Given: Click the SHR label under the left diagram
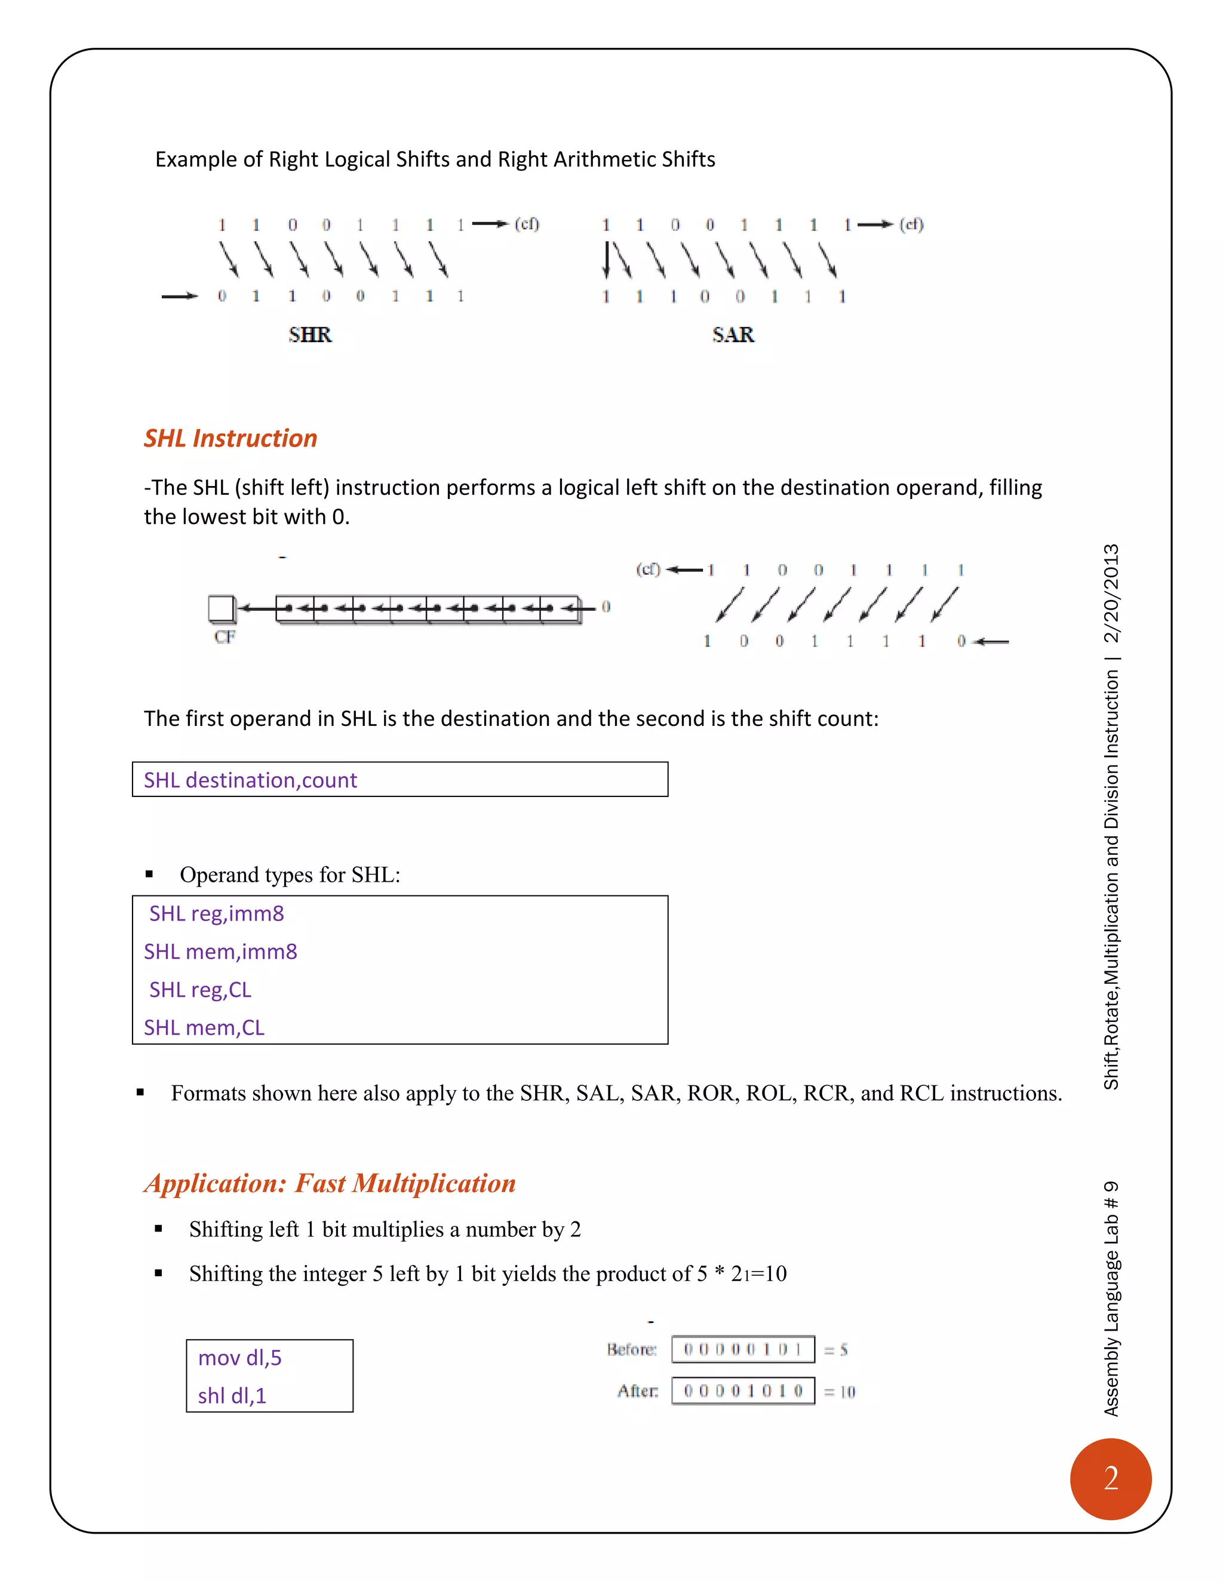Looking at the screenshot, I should pyautogui.click(x=310, y=335).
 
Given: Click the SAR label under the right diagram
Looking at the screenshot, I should pyautogui.click(x=733, y=335).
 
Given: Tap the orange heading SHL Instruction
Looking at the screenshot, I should pyautogui.click(x=231, y=438).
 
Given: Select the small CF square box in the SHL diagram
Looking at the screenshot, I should pyautogui.click(x=221, y=608).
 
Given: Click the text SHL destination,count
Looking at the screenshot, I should pyautogui.click(x=250, y=780).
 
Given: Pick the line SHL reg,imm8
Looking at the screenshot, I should pyautogui.click(x=216, y=913).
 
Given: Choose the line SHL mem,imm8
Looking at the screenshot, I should pyautogui.click(x=220, y=951).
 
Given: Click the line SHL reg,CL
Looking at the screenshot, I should pyautogui.click(x=200, y=989).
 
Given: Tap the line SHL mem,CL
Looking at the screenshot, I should pyautogui.click(x=204, y=1027).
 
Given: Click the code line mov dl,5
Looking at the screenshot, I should pyautogui.click(x=240, y=1358).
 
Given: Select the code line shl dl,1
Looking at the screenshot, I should pyautogui.click(x=232, y=1395).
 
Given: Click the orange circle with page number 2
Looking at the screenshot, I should pyautogui.click(x=1110, y=1478).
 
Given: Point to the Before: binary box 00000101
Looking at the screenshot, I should pyautogui.click(x=743, y=1349).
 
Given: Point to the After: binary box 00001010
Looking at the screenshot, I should pyautogui.click(x=743, y=1391).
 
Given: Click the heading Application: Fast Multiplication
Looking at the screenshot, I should pyautogui.click(x=330, y=1183).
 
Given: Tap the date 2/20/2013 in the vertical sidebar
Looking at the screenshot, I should pyautogui.click(x=1111, y=593).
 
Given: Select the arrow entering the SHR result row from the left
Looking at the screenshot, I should pyautogui.click(x=179, y=296).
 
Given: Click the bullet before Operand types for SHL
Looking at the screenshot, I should pyautogui.click(x=149, y=875).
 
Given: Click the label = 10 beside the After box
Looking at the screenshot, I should pyautogui.click(x=840, y=1392).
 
